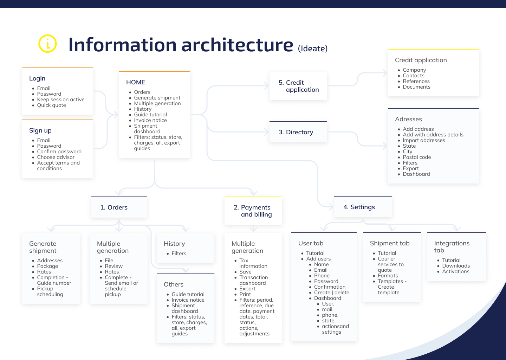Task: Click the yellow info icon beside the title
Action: point(47,44)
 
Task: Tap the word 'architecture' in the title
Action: point(237,45)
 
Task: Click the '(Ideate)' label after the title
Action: point(313,49)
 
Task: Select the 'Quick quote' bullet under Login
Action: point(51,105)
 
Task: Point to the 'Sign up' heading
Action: point(40,130)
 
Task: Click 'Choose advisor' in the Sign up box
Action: point(56,157)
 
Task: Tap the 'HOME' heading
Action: point(136,82)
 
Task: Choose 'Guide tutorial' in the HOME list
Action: point(150,115)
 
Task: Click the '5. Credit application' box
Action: point(298,86)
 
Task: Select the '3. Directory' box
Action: point(298,132)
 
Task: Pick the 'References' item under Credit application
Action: point(416,81)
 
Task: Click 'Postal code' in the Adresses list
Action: point(417,157)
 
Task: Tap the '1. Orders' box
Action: point(119,207)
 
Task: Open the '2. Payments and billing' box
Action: point(253,211)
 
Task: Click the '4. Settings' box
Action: point(363,207)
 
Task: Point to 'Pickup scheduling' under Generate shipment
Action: point(50,291)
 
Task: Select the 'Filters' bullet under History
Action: point(179,253)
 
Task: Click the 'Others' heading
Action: point(174,284)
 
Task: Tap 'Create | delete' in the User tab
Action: point(331,292)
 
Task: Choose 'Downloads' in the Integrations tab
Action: point(456,266)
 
